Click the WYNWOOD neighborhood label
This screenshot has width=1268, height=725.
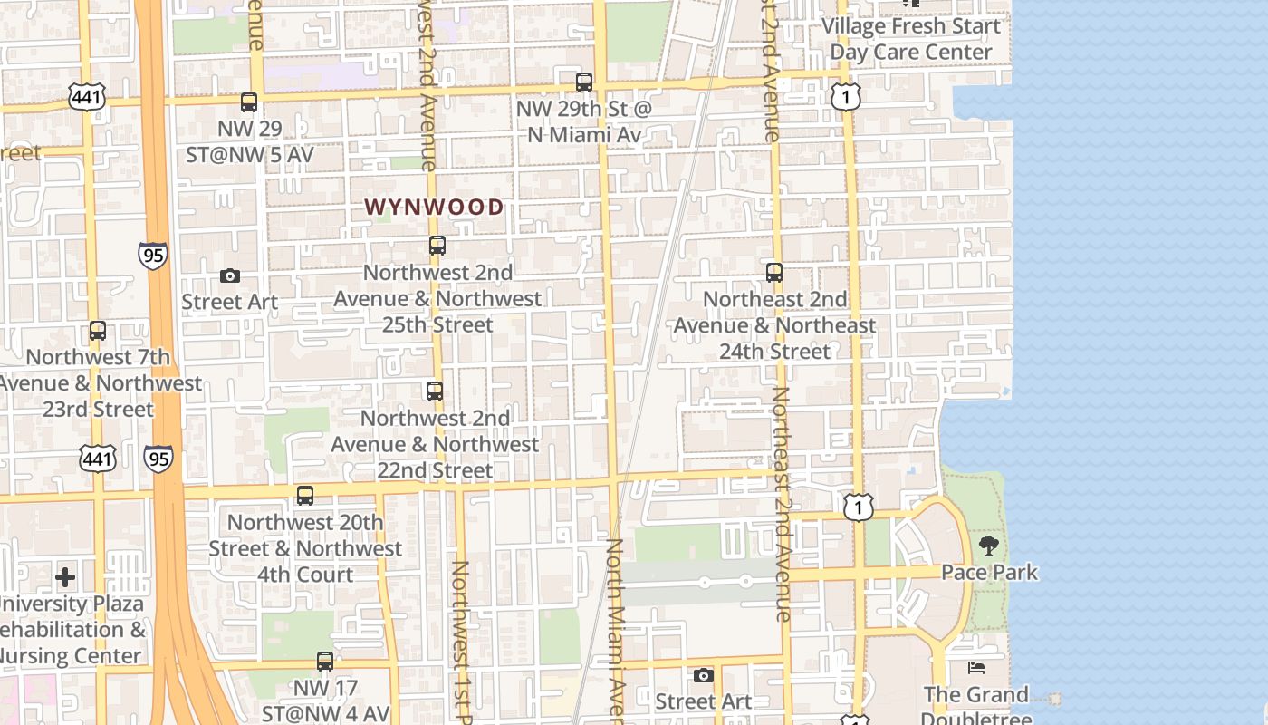point(434,207)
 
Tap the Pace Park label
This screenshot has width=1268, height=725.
point(989,573)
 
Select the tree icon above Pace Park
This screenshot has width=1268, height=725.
point(988,546)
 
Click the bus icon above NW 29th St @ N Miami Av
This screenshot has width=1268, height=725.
point(584,82)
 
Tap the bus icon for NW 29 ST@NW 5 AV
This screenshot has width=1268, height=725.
point(249,102)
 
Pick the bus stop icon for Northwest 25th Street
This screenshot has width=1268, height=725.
point(437,246)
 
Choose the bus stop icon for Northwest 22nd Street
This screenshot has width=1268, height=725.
point(435,391)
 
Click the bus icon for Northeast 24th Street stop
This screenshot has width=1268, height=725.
point(774,273)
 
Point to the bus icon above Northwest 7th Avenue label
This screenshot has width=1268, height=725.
point(98,332)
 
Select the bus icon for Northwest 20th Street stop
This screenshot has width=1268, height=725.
point(305,496)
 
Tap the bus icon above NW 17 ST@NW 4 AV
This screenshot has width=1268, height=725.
point(325,662)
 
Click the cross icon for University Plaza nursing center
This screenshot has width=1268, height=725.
point(65,577)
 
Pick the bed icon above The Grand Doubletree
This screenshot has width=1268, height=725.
point(976,668)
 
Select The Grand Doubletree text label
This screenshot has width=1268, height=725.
point(976,707)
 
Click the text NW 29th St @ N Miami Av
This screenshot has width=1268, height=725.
point(583,121)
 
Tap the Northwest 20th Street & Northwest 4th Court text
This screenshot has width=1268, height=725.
point(305,548)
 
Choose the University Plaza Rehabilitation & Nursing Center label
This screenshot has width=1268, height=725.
point(71,630)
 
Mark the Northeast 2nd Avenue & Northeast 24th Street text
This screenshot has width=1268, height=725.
point(774,325)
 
